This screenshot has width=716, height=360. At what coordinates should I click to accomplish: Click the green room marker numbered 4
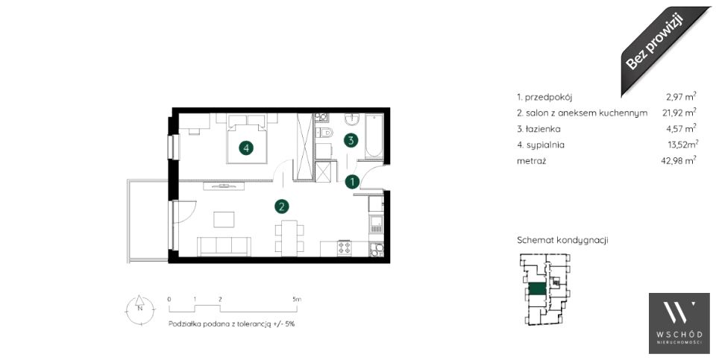point(246,148)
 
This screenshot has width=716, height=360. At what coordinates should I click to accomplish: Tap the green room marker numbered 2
point(282,206)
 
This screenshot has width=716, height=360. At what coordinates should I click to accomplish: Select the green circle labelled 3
point(351,140)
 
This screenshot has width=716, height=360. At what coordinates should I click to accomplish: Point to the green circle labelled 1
point(351,182)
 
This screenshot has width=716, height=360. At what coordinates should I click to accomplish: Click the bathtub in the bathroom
point(374,136)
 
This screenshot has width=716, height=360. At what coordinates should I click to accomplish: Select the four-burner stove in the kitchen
point(344,248)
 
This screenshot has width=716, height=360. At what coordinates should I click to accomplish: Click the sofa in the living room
point(224,247)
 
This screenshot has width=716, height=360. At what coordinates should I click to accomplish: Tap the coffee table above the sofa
point(224,219)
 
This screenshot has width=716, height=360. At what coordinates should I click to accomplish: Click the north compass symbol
point(139,309)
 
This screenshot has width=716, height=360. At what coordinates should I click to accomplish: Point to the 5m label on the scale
point(298,300)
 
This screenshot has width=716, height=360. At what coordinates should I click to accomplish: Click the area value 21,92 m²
point(679,113)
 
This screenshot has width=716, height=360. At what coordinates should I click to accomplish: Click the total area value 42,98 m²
point(679,160)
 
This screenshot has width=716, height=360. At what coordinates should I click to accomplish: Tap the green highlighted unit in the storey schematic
point(537,289)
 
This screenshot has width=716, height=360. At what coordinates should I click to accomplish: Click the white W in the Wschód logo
point(679,315)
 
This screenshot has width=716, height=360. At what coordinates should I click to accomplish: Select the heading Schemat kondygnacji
point(562,241)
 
